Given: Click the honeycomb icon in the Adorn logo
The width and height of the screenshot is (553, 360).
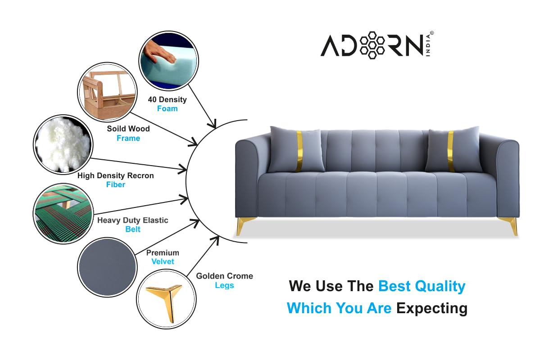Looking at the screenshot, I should pyautogui.click(x=370, y=45).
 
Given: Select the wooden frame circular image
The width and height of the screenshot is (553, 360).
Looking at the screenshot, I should pyautogui.click(x=107, y=92).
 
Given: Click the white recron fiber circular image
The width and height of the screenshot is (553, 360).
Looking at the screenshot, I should pyautogui.click(x=63, y=144).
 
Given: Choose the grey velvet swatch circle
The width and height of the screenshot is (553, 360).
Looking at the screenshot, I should pyautogui.click(x=107, y=267).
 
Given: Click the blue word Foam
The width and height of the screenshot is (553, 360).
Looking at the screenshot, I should pyautogui.click(x=167, y=109).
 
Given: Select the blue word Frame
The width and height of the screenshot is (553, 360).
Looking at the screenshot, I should pyautogui.click(x=128, y=139).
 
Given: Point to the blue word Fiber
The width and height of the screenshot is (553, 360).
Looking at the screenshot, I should pyautogui.click(x=116, y=185).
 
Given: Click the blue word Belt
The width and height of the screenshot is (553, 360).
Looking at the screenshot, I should pyautogui.click(x=133, y=229).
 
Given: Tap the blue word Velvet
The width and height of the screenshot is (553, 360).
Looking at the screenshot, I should pyautogui.click(x=163, y=262).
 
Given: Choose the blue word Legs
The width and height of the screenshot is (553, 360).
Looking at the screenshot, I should pyautogui.click(x=224, y=286).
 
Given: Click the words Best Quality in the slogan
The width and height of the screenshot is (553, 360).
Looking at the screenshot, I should pyautogui.click(x=422, y=286).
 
